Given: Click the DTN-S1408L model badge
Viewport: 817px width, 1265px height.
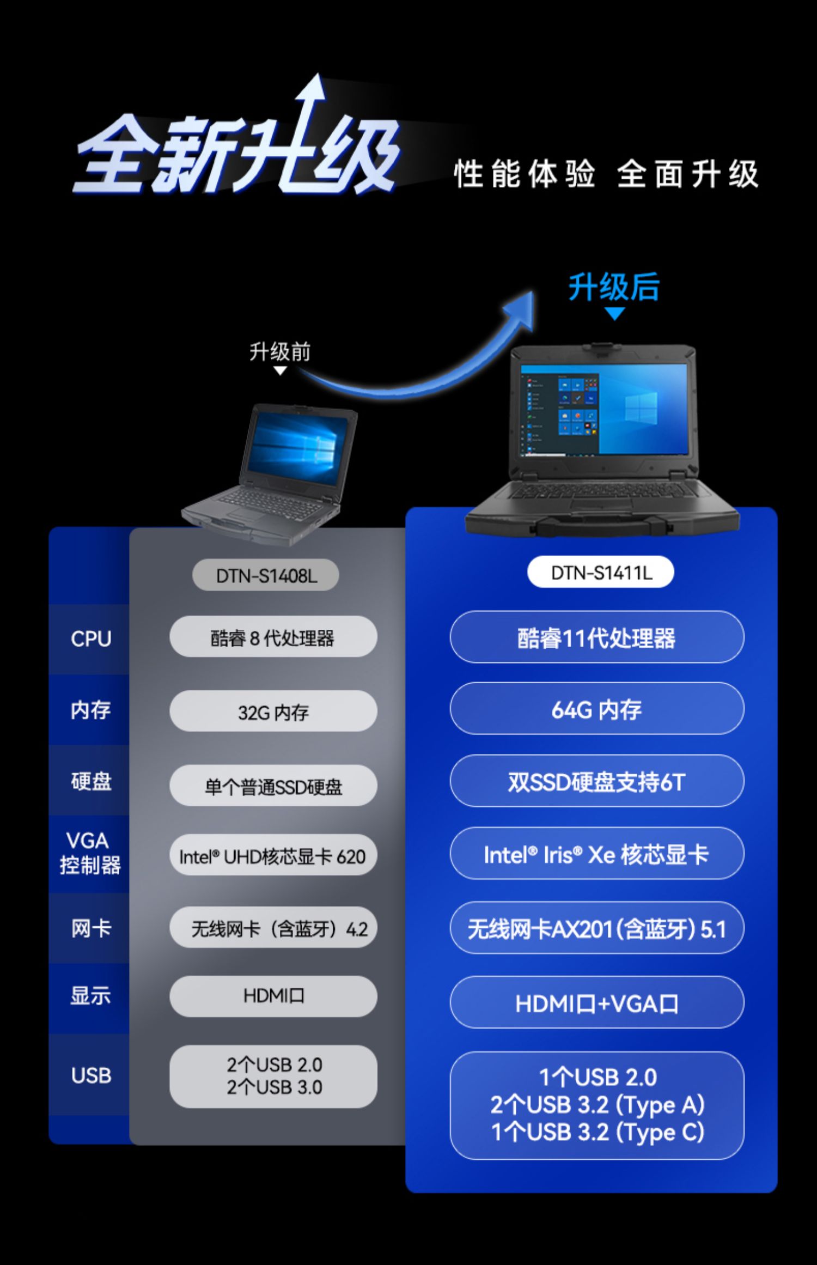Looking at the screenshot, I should [x=266, y=575].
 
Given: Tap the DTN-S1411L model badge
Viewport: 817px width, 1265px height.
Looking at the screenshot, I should [x=601, y=573].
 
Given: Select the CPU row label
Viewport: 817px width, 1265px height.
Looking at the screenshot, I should [x=90, y=638].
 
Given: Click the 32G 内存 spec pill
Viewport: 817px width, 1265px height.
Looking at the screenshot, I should [x=273, y=711].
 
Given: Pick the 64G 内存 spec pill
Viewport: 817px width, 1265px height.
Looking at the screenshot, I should [x=596, y=709].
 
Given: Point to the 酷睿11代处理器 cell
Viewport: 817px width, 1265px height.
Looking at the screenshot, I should [x=596, y=637].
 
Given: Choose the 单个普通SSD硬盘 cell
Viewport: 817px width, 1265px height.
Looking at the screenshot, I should [x=273, y=786].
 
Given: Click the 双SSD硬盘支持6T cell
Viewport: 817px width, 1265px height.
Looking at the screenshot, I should [x=596, y=781].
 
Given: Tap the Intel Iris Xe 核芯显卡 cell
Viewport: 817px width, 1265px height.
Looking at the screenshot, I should [x=596, y=854].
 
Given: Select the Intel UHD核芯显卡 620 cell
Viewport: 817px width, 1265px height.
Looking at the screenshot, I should [x=273, y=856].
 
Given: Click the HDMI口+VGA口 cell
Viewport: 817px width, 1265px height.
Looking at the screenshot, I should [x=596, y=1003].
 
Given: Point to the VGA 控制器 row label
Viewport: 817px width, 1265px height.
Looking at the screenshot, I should [x=89, y=853].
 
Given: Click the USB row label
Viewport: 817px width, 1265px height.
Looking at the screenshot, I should [x=90, y=1075].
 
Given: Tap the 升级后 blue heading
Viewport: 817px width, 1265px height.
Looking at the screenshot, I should [x=614, y=287].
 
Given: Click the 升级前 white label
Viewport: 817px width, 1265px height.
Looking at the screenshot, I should [x=280, y=352].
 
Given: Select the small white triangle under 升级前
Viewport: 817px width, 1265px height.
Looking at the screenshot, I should [x=280, y=371].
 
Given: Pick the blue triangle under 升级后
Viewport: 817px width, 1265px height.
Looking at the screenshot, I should [x=615, y=314].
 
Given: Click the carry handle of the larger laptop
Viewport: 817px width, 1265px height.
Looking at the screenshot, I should [x=602, y=525].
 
